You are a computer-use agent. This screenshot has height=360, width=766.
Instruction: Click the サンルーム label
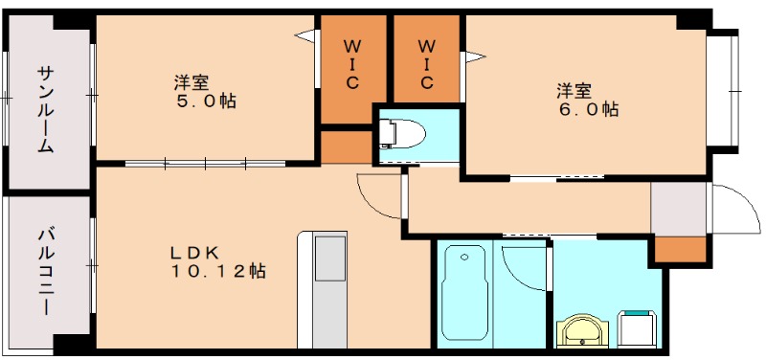click(45, 110)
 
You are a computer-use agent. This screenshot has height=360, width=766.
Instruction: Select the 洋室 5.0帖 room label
click(205, 92)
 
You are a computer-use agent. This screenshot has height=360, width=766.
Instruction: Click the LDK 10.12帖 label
click(218, 261)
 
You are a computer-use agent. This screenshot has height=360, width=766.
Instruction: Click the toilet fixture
click(402, 133)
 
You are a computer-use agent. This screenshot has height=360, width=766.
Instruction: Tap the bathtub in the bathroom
click(464, 293)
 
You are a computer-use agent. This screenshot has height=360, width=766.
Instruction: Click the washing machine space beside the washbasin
click(636, 329)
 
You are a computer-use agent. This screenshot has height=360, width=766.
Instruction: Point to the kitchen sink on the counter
click(330, 259)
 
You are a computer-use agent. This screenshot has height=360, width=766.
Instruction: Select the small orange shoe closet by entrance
click(680, 249)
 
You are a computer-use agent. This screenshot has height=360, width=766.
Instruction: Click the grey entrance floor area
click(678, 209)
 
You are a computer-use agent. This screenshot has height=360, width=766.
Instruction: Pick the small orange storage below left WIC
click(346, 146)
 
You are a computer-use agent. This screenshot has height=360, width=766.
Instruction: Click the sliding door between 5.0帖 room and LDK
click(205, 163)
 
